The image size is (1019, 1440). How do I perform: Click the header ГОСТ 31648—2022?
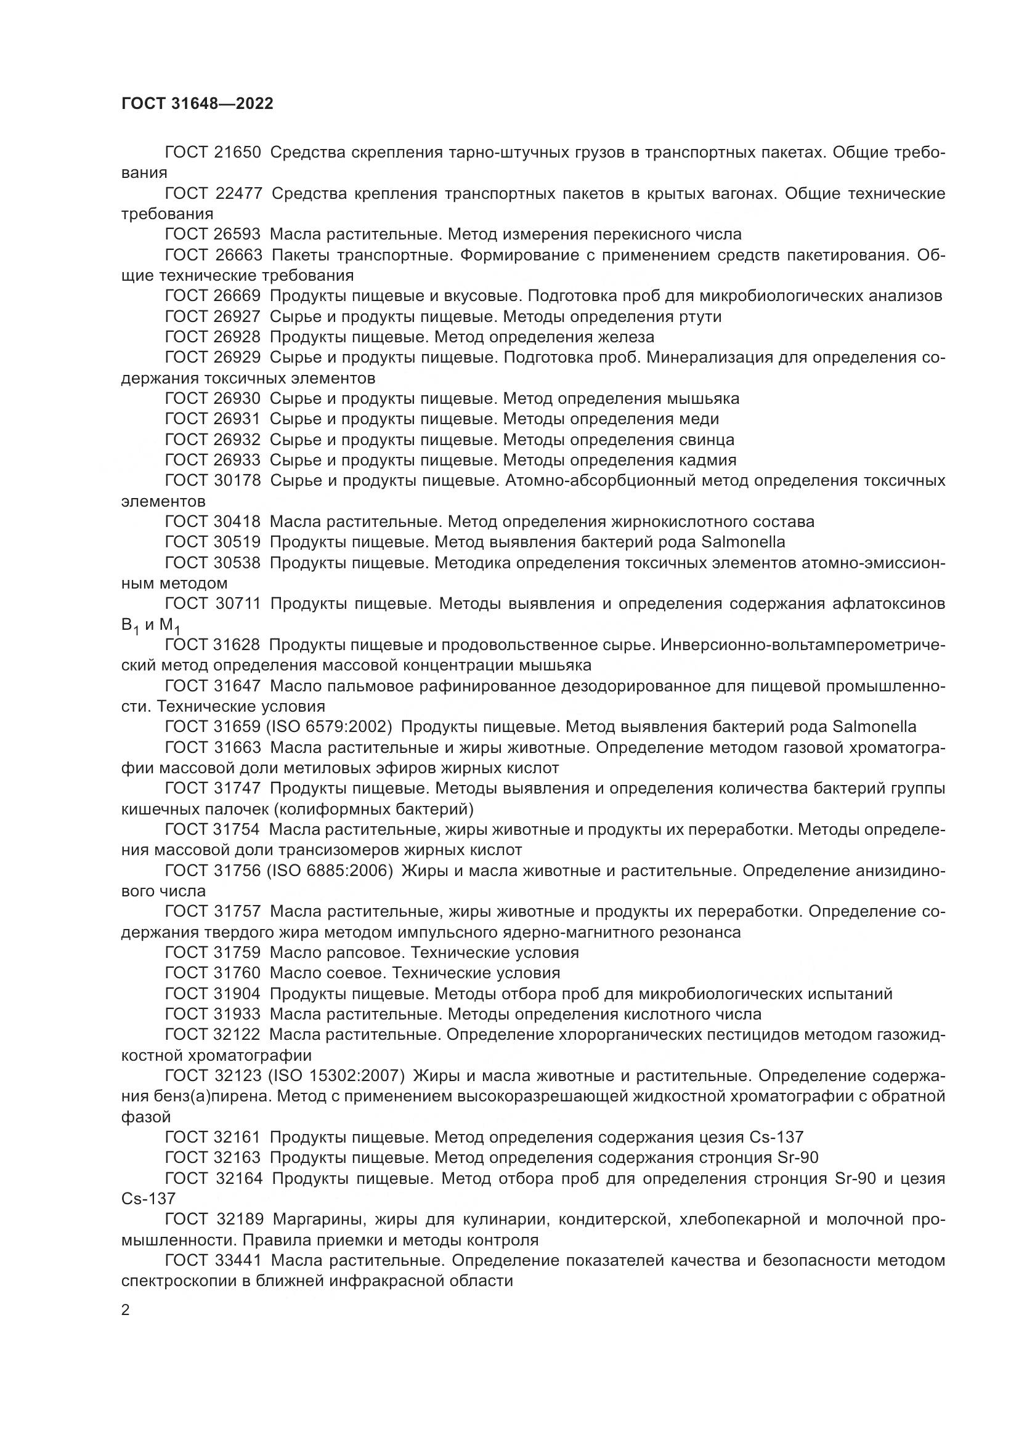pos(197,104)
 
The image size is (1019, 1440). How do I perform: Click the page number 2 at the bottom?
pos(126,1310)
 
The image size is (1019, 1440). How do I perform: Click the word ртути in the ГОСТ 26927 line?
pos(700,316)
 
